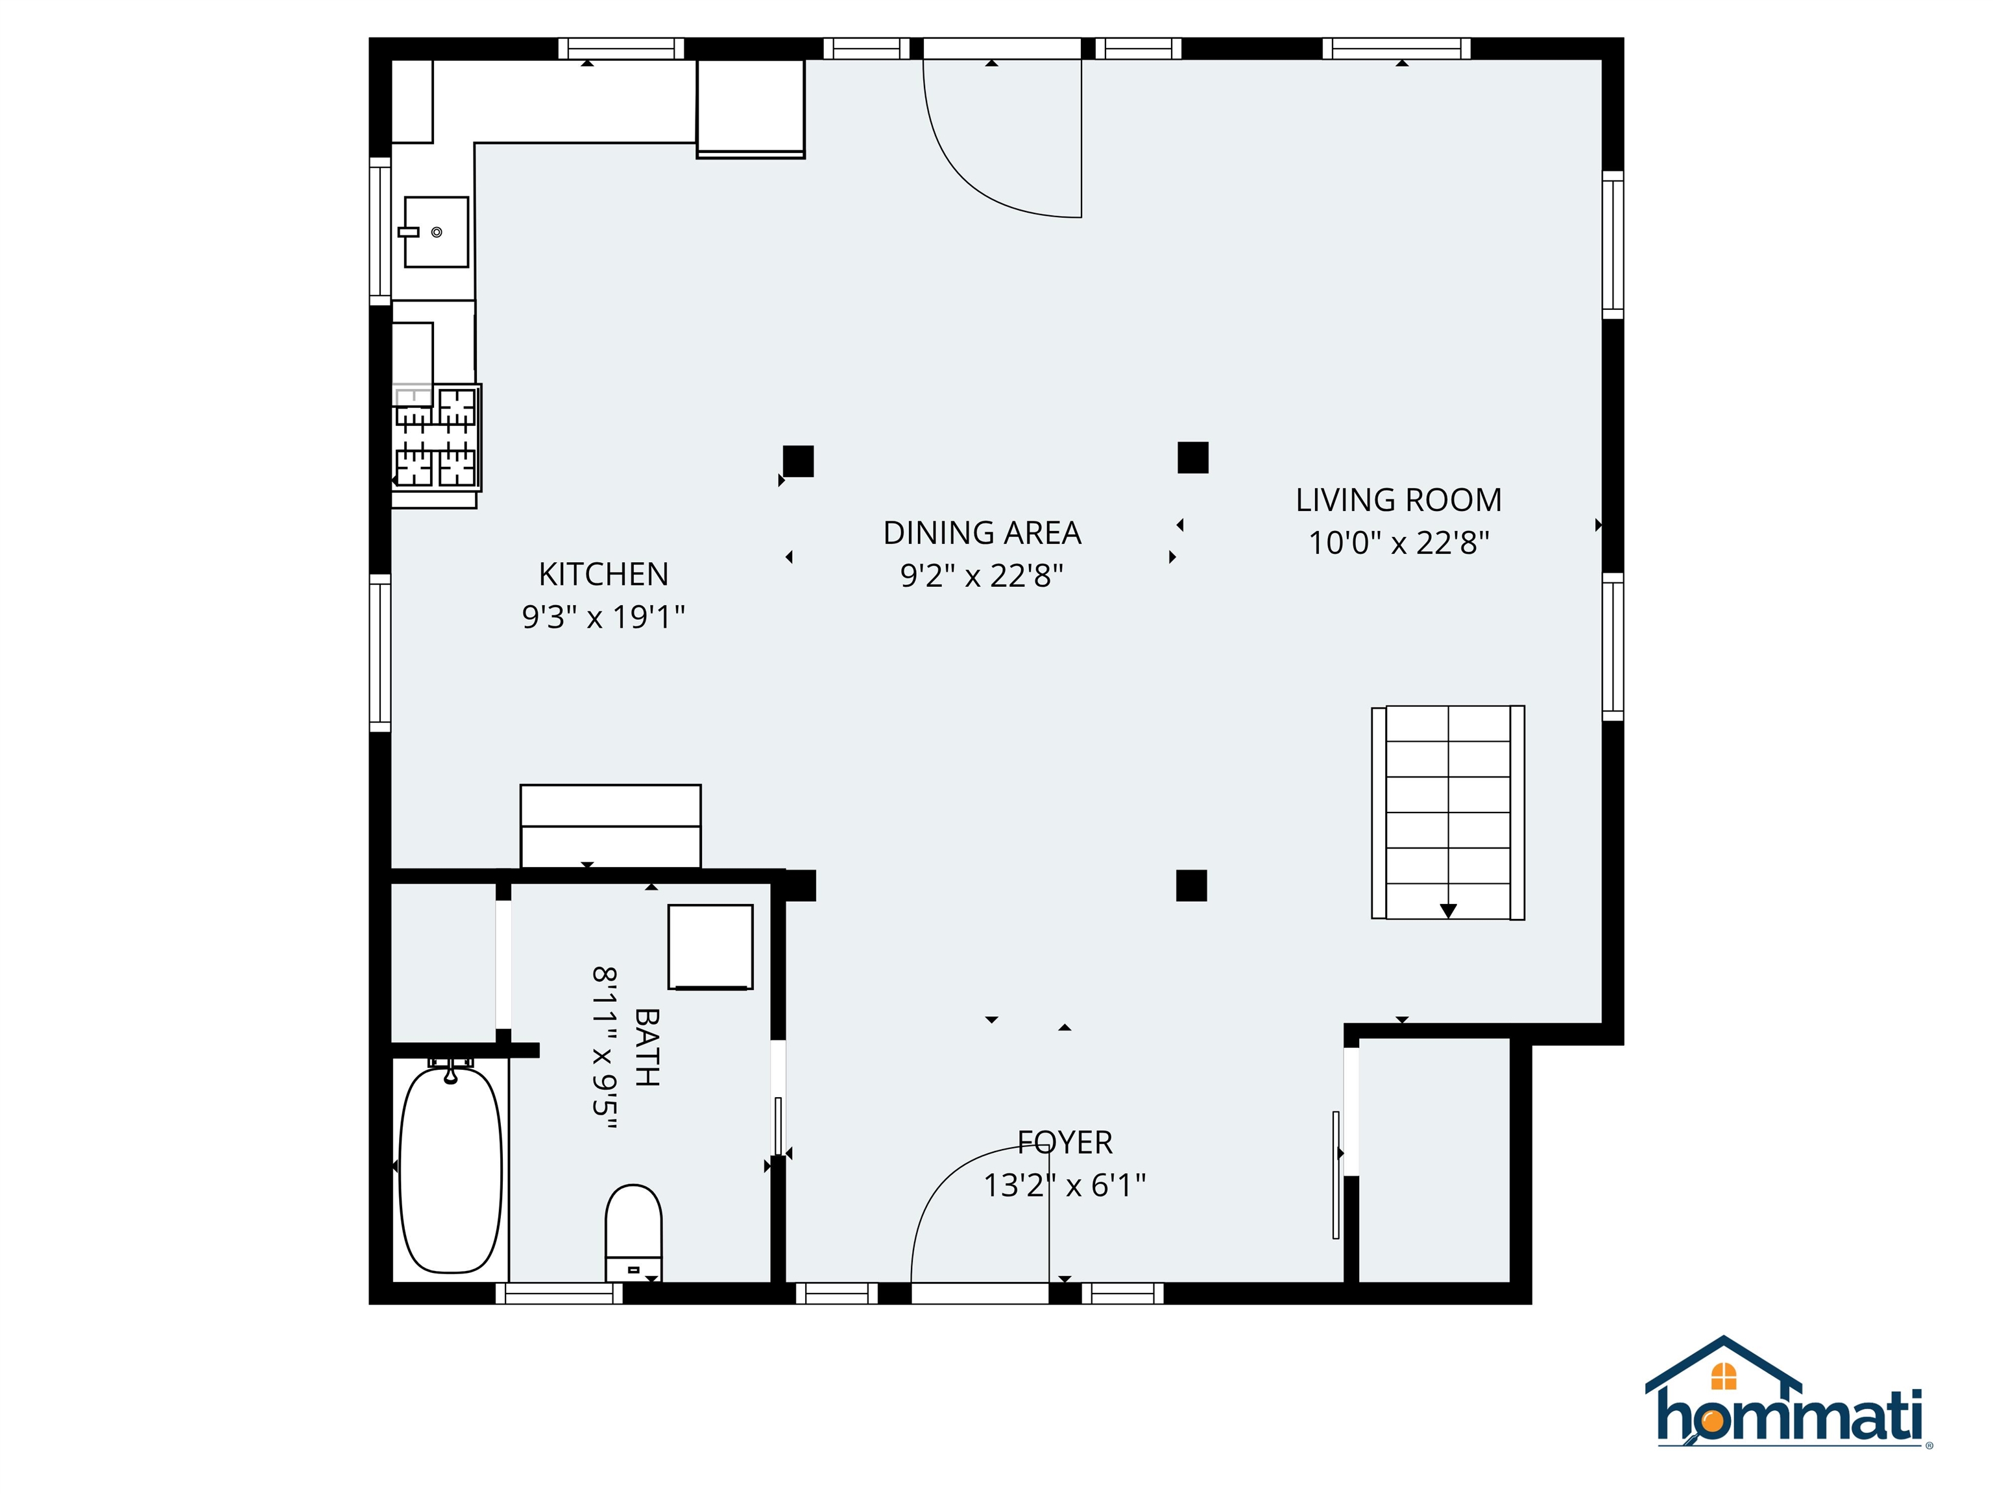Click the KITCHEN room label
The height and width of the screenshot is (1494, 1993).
603,574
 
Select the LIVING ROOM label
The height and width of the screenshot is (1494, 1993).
1398,500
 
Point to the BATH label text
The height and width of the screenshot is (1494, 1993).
647,1047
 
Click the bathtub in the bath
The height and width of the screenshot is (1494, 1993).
450,1169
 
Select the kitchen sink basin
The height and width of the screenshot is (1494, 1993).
436,232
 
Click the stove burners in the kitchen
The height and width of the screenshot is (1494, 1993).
436,438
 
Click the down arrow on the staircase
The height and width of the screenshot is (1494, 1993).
1448,910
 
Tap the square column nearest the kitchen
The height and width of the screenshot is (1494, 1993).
798,461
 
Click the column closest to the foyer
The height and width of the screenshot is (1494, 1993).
1191,885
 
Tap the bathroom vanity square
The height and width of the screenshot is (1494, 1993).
710,947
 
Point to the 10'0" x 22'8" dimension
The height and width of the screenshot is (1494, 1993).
1398,543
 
